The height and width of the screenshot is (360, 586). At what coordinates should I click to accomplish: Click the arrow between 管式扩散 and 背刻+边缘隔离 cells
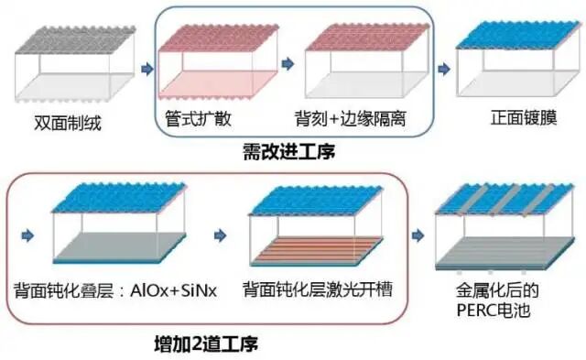(287, 64)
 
